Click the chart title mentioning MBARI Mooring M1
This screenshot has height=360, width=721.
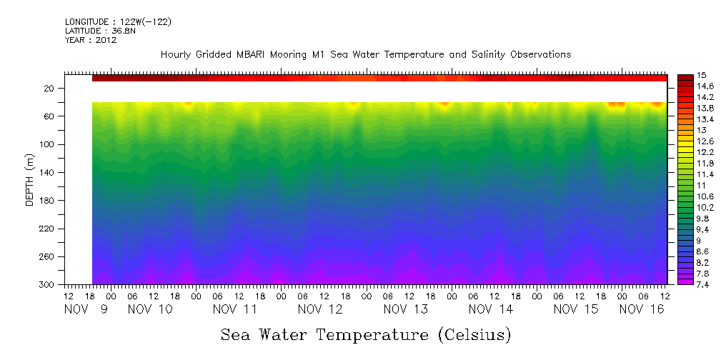[x=365, y=55]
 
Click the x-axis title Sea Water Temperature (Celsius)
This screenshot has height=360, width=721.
[x=365, y=334]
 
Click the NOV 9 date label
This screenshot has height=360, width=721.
[x=86, y=309]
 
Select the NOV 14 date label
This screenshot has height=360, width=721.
[x=491, y=309]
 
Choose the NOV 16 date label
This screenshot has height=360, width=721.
[x=641, y=309]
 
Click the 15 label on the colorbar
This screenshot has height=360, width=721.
[x=702, y=75]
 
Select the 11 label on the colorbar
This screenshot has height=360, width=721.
[x=701, y=185]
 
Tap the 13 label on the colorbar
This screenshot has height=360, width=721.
[x=701, y=130]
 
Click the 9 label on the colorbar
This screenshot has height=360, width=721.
[x=700, y=241]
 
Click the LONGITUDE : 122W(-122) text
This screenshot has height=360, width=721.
[x=118, y=22]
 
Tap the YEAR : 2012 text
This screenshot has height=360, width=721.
[x=90, y=41]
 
